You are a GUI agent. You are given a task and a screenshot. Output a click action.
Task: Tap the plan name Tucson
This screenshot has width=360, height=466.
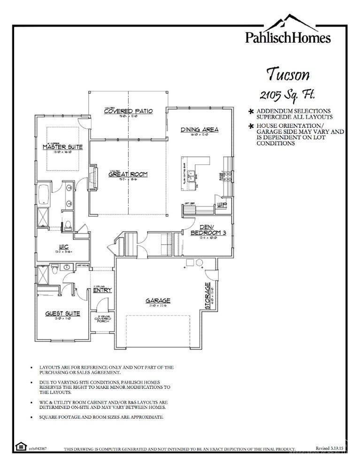[288, 74]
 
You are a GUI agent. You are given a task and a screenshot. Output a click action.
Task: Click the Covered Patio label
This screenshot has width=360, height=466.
[128, 111]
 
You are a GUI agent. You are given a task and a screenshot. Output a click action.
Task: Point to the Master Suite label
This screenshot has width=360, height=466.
[62, 147]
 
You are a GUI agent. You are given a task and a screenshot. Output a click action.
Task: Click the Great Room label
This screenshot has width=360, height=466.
[128, 174]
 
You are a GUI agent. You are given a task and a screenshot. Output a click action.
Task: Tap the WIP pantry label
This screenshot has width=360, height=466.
[222, 205]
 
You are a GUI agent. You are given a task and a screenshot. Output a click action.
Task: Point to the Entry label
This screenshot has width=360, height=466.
[102, 290]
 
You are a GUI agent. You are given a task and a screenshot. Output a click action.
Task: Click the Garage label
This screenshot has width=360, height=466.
[157, 301]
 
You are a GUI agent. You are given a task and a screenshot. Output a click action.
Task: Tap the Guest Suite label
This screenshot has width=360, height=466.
[62, 313]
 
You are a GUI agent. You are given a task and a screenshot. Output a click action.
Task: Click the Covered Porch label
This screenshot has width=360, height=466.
[102, 319]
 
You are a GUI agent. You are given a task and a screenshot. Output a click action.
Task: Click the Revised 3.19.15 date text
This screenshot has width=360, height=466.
[329, 449]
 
